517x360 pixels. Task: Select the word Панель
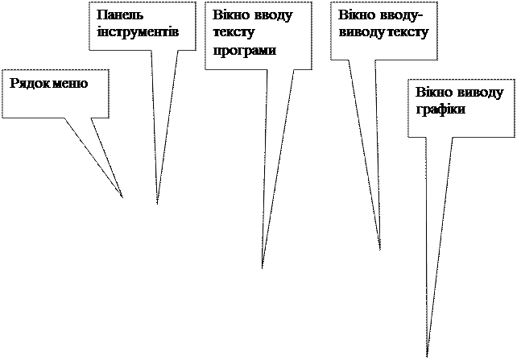[114, 15]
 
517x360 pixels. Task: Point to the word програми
[244, 50]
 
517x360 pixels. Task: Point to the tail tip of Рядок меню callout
[121, 194]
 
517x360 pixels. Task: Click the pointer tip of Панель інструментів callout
[158, 199]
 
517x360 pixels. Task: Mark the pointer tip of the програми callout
[263, 263]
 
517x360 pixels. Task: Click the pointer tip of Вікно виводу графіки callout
[428, 348]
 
